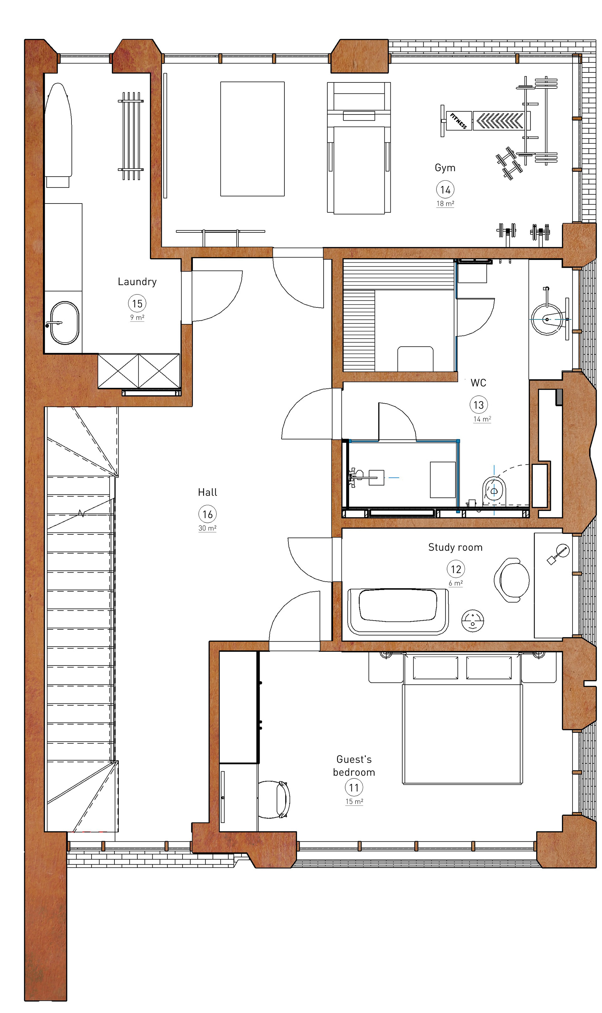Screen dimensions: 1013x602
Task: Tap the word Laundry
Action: (x=137, y=282)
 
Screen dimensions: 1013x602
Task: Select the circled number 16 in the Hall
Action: (x=207, y=514)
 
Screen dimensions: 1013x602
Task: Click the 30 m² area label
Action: (x=207, y=528)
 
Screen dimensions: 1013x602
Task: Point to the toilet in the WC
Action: (x=494, y=491)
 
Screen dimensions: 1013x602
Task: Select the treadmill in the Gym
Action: (x=359, y=148)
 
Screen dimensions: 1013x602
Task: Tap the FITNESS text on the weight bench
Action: (x=458, y=121)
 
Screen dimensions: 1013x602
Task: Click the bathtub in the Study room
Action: (x=398, y=611)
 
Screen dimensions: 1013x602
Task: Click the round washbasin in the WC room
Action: (x=547, y=319)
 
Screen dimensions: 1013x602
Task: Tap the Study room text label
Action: (x=455, y=547)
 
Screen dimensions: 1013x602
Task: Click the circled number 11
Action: (x=354, y=788)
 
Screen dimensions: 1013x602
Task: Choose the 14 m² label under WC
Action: (x=482, y=419)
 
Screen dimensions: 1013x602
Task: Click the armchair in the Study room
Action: (x=512, y=580)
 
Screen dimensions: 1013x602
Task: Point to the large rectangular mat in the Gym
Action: (x=252, y=139)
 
